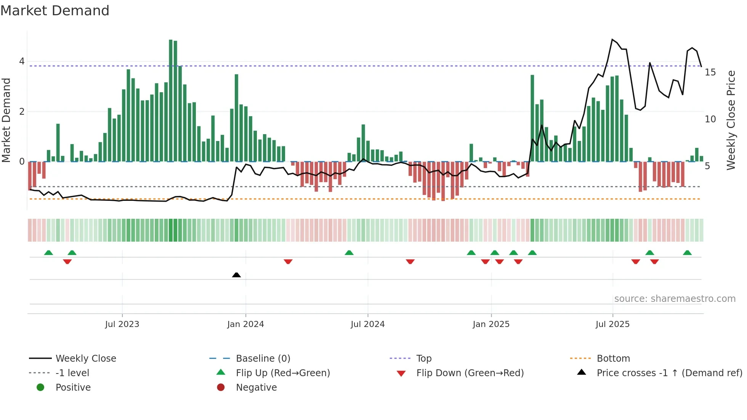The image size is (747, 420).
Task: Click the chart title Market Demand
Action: tap(55, 11)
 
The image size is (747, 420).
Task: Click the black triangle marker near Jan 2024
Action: tap(236, 275)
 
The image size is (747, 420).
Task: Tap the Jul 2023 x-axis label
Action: tap(122, 324)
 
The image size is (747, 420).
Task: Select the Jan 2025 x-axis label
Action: tap(491, 324)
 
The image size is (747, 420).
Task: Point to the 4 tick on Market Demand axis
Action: tap(22, 61)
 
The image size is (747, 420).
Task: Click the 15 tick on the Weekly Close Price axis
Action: tap(710, 72)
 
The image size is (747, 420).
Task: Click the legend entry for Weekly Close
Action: tap(86, 359)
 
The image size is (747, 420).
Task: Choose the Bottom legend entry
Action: tap(613, 359)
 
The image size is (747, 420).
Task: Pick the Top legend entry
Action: tap(424, 359)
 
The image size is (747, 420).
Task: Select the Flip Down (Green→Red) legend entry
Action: tap(470, 373)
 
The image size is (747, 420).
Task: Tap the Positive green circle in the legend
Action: tap(40, 388)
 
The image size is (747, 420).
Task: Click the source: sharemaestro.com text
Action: tap(675, 299)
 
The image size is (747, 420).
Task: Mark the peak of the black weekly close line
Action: tap(612, 40)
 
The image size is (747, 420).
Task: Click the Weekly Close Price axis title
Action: tap(731, 120)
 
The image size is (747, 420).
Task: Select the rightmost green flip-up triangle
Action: tap(687, 253)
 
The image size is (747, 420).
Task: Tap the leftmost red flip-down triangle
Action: tap(67, 261)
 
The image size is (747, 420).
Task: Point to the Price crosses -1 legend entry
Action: tap(669, 373)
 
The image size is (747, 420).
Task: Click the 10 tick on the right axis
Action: tap(710, 119)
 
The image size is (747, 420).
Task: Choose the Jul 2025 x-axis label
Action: tap(612, 324)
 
